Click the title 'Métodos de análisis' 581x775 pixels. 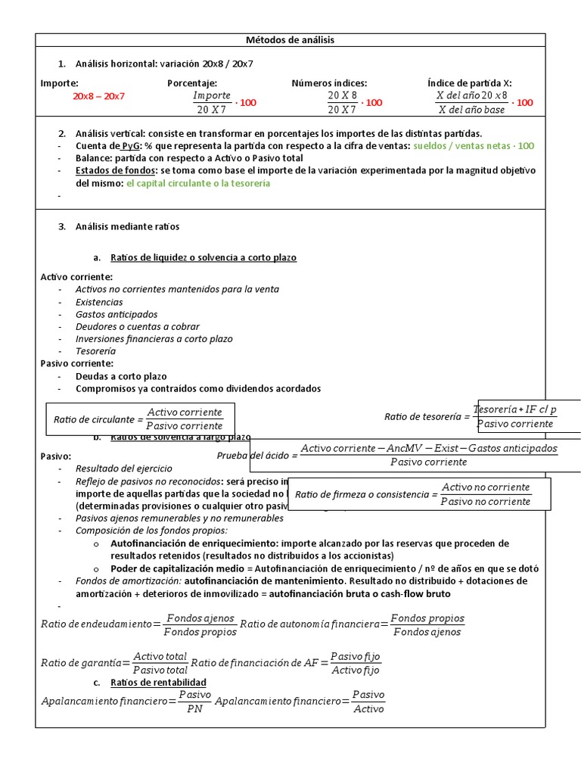pos(290,39)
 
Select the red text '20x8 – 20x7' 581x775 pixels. pos(98,96)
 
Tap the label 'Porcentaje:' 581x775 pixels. pos(192,83)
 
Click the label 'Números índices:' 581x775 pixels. pos(329,83)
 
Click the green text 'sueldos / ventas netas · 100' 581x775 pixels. pos(474,145)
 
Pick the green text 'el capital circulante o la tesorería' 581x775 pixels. pos(197,183)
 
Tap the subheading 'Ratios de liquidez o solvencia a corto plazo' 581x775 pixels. pos(204,257)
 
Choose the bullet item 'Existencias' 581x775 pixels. pos(99,302)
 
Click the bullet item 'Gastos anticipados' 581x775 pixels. pos(117,314)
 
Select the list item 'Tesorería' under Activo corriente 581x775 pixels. pos(95,351)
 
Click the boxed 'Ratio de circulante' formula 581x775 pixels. pos(140,419)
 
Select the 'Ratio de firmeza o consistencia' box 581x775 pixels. pos(411,494)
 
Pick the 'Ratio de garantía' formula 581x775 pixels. pos(113,662)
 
